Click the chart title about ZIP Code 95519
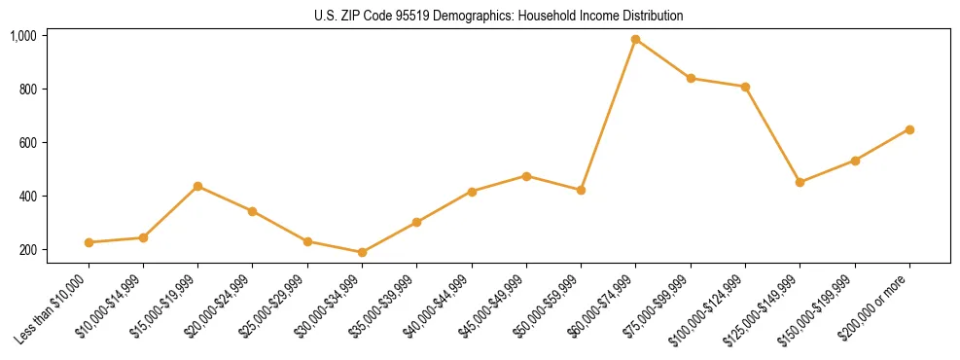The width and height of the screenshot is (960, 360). tap(499, 17)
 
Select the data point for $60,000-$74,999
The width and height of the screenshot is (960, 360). tap(636, 40)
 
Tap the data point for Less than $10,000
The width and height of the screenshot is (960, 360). tap(89, 242)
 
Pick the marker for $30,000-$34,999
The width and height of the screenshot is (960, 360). tap(362, 252)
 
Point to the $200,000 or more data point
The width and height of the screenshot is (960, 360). tap(909, 129)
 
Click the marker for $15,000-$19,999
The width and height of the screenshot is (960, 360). tap(198, 186)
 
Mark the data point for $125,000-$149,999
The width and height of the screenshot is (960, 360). tap(800, 182)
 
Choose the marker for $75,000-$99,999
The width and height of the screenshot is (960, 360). tap(691, 78)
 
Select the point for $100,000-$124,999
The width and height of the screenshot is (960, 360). tap(745, 87)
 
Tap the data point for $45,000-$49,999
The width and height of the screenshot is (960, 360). tap(526, 176)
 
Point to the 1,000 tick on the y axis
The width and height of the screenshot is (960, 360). tap(23, 36)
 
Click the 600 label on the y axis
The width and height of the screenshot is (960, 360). tap(27, 143)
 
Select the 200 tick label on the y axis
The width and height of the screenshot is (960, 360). tap(27, 250)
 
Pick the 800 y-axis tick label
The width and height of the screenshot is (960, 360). tap(27, 90)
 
